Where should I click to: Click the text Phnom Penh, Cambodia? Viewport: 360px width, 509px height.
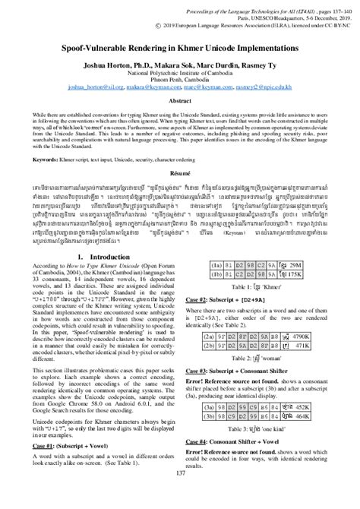click(x=180, y=81)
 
